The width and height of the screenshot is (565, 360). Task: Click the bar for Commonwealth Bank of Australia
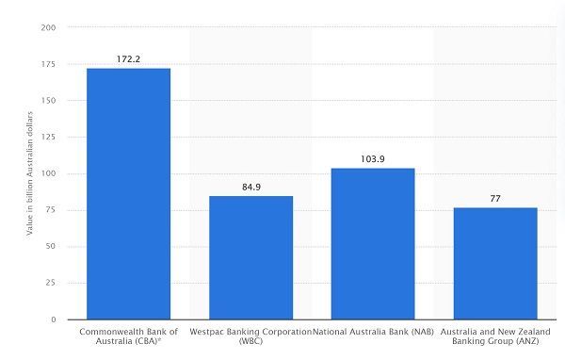[x=128, y=194]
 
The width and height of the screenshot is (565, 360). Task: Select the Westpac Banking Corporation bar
[x=250, y=257]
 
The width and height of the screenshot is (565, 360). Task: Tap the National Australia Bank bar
[x=373, y=244]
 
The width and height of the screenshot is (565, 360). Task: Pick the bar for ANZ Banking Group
[x=495, y=264]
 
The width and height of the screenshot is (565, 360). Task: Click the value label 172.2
[x=128, y=58]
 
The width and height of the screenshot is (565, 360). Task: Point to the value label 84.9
[x=250, y=187]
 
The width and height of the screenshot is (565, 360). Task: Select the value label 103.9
[x=373, y=159]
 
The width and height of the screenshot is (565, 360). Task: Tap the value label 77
[x=495, y=199]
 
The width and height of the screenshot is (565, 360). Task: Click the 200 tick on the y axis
[x=48, y=28]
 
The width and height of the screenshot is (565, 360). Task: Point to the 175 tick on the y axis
[x=48, y=64]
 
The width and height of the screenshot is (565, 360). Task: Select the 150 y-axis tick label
[x=48, y=101]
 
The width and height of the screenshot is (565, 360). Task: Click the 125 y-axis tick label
[x=48, y=138]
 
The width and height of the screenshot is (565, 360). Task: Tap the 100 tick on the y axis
[x=48, y=174]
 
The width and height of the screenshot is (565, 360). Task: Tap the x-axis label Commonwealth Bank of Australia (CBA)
[x=128, y=337]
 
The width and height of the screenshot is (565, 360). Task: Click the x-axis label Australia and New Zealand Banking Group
[x=495, y=337]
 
